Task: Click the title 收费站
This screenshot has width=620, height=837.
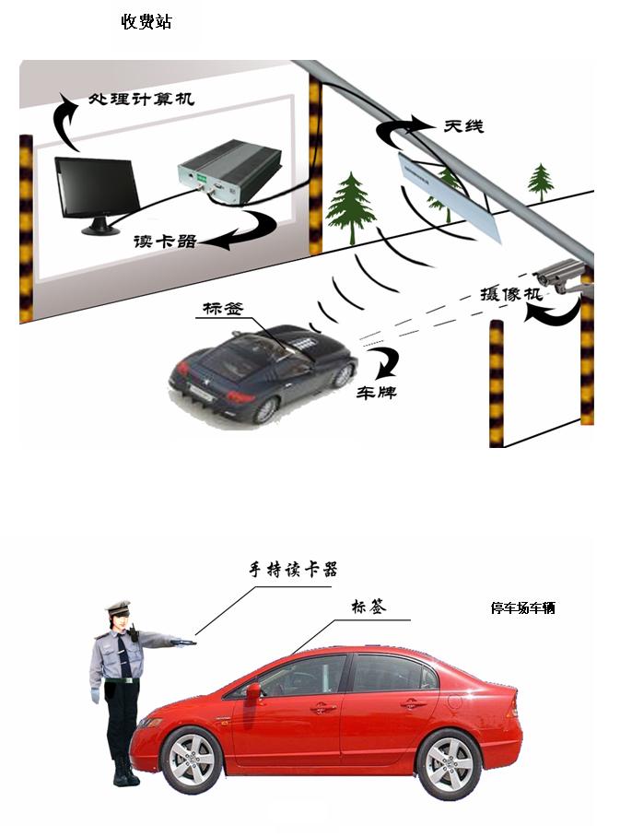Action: (x=146, y=21)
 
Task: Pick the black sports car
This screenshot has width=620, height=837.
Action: (x=263, y=370)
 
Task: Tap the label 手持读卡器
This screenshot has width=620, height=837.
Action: (x=293, y=569)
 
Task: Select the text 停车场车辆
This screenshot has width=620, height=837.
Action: (x=522, y=607)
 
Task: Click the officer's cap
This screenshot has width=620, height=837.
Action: (x=119, y=607)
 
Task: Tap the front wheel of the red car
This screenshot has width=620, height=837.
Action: (x=192, y=760)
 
